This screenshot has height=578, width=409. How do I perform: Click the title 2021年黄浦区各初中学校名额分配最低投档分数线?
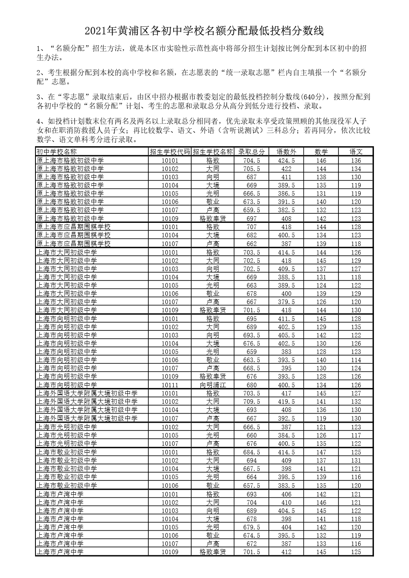(204, 31)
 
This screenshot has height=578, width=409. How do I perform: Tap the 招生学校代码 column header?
(170, 152)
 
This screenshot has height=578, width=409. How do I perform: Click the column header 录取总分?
(252, 152)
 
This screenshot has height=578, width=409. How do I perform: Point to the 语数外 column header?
(286, 152)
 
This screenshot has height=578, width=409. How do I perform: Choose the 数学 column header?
(321, 152)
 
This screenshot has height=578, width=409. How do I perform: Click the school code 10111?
(170, 385)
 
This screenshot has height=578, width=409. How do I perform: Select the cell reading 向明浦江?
(213, 385)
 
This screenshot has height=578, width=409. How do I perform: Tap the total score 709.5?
(252, 401)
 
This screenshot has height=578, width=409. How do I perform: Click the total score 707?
(252, 227)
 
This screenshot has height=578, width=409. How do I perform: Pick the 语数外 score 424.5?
(286, 160)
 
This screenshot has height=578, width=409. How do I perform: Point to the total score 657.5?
(252, 485)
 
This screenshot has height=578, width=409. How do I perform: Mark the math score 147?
(321, 452)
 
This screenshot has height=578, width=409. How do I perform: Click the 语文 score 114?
(356, 360)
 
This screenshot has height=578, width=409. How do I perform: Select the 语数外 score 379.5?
(286, 302)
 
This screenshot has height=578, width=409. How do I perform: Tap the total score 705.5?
(252, 168)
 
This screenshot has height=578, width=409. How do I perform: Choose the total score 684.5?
(252, 452)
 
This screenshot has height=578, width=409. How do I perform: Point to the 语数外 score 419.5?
(286, 401)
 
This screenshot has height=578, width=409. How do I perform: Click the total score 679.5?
(252, 527)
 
